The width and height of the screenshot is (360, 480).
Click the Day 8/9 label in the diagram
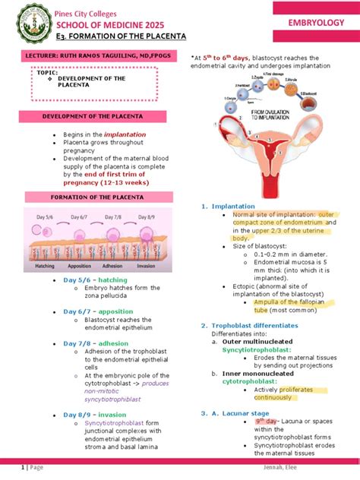tap(145, 218)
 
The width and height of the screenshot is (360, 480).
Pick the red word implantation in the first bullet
tap(114, 134)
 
